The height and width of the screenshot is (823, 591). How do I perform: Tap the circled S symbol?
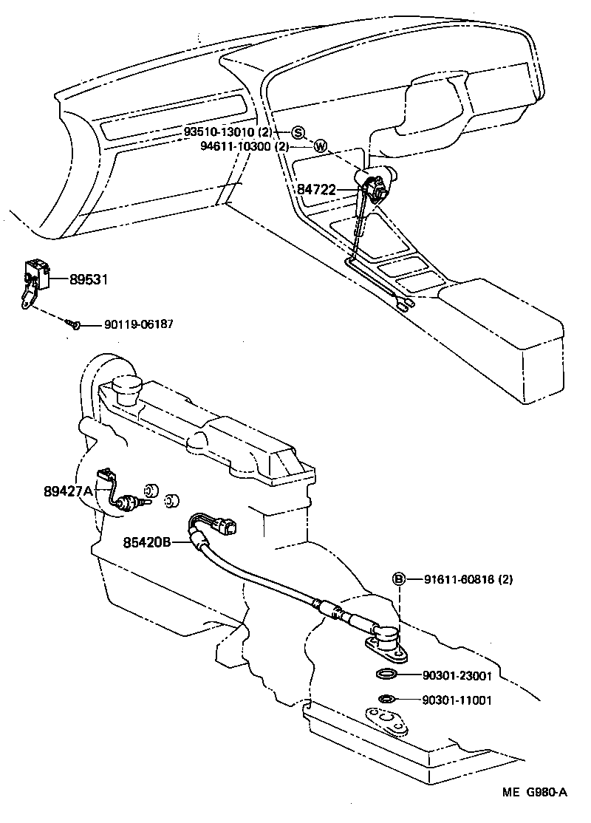(298, 132)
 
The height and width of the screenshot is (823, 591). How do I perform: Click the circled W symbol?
(320, 146)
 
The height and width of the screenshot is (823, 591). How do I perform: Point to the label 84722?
(315, 190)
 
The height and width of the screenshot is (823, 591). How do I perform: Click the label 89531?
(89, 279)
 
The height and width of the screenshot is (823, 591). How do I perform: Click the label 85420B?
(147, 542)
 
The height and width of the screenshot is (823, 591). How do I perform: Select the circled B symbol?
(398, 579)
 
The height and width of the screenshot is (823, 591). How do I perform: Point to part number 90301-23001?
(457, 675)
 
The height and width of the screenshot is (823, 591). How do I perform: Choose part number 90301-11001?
(457, 700)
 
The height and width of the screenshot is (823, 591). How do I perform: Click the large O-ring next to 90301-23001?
(387, 675)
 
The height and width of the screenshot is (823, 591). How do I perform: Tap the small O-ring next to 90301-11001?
(386, 699)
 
